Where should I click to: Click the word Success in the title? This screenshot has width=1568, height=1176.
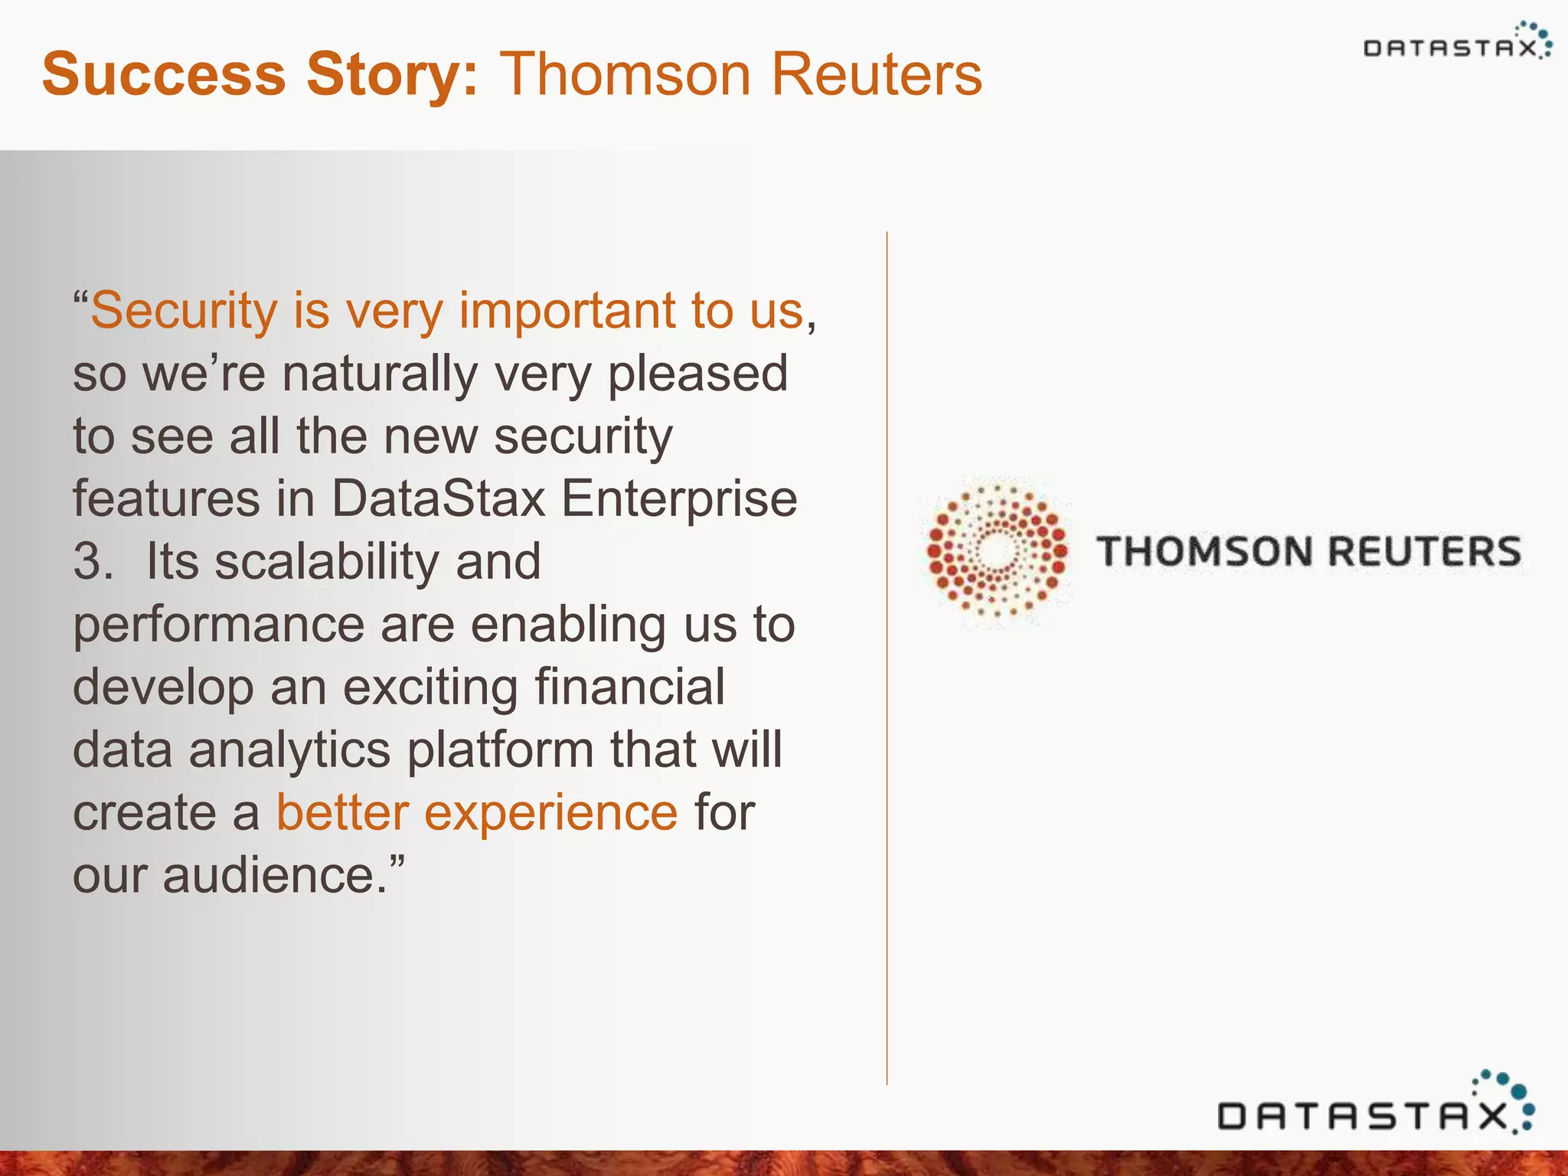point(163,74)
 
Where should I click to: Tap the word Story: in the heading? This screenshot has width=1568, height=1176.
point(393,74)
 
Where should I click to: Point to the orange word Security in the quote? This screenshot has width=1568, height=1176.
point(184,311)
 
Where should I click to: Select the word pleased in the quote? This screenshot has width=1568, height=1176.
point(697,374)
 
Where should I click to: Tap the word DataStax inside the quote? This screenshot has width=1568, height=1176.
point(438,499)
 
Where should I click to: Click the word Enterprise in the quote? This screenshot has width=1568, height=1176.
point(679,499)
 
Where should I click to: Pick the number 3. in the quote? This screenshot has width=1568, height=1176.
point(93,561)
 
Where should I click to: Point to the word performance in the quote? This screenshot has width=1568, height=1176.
point(218,625)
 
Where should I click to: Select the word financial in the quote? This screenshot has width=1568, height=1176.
point(629,687)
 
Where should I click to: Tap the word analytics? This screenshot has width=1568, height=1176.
point(289,750)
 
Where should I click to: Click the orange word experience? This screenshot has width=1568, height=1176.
point(550,812)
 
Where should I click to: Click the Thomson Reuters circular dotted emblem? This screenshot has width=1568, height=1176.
point(997,550)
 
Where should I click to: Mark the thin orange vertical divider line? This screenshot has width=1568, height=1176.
point(887,658)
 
